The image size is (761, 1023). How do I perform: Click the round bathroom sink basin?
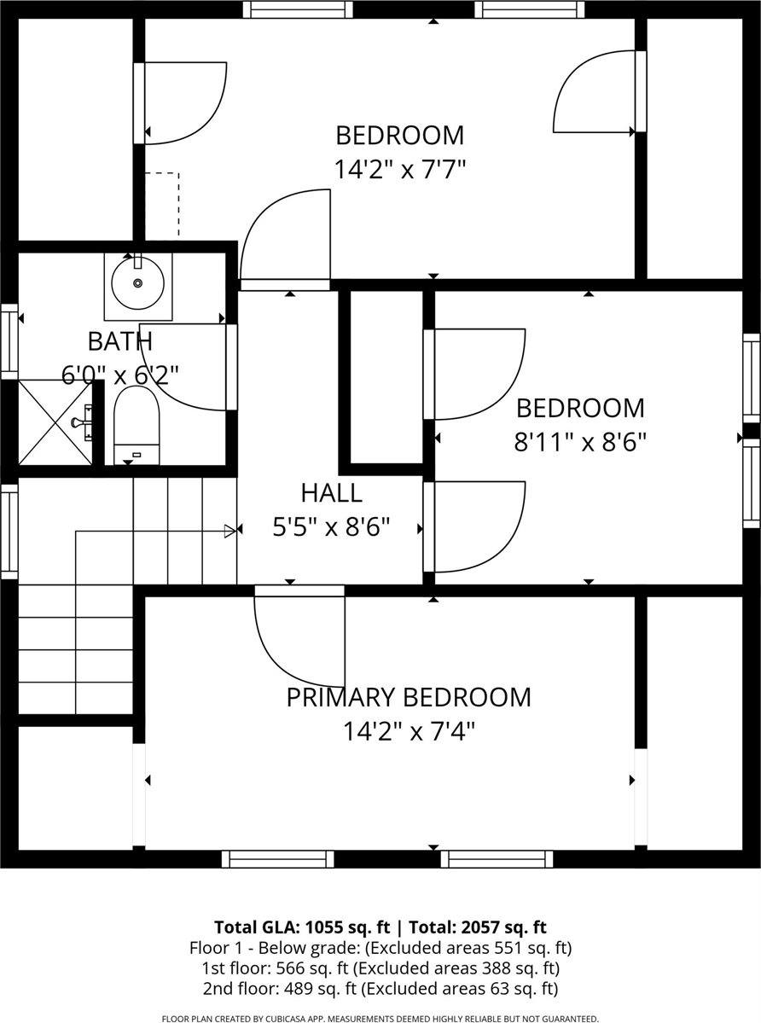click(137, 282)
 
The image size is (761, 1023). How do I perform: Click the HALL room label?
click(331, 492)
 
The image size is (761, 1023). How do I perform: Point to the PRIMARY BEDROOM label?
click(409, 697)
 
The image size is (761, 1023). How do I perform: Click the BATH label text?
click(120, 340)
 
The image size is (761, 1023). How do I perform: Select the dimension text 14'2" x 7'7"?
click(400, 170)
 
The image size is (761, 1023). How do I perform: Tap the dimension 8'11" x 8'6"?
click(580, 443)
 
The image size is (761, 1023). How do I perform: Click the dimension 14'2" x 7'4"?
click(409, 731)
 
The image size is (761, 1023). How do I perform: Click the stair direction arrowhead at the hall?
click(230, 531)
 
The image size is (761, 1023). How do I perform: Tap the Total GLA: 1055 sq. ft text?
click(302, 927)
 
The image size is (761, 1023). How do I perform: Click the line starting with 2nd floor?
click(380, 989)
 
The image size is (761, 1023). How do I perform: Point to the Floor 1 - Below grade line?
click(380, 947)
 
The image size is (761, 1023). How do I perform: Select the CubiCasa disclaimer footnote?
click(380, 1018)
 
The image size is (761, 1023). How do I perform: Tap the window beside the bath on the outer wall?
click(9, 340)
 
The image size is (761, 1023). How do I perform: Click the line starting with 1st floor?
click(380, 968)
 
